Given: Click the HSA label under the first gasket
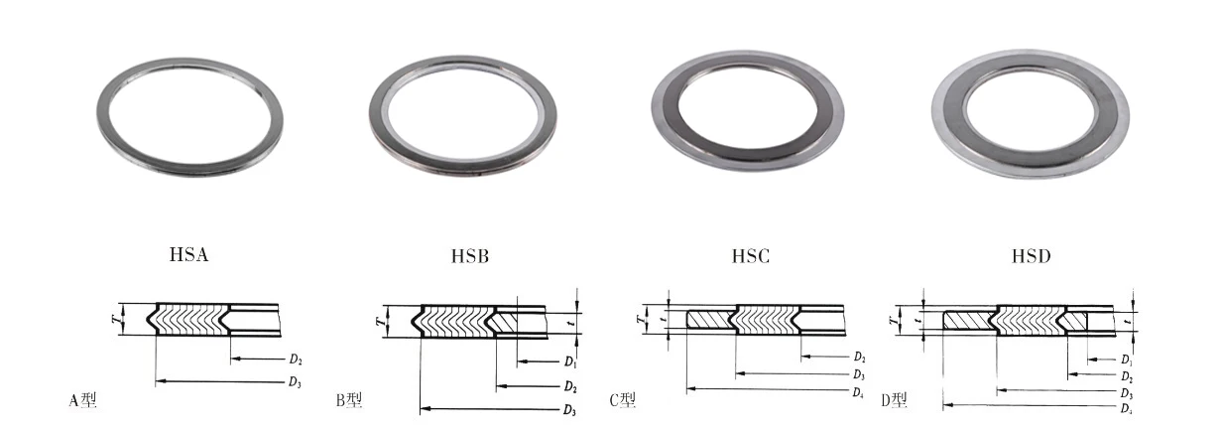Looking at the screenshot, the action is (188, 255).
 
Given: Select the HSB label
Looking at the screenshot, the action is (470, 256).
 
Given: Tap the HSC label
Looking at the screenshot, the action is (751, 256).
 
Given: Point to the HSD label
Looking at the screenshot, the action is (1031, 256).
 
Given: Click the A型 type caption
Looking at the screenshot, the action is (83, 400).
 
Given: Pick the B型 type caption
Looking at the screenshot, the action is (349, 400).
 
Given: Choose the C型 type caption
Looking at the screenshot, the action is (623, 400).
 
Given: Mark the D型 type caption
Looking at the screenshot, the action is (895, 400).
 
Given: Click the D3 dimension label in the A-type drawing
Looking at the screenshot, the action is (295, 382).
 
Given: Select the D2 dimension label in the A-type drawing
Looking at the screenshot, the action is (296, 360).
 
